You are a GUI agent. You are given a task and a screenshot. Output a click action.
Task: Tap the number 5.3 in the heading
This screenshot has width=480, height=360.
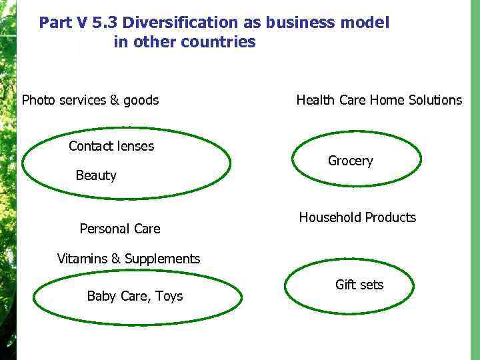pyautogui.click(x=105, y=23)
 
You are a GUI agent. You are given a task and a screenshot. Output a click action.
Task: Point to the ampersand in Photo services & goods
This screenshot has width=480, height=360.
pyautogui.click(x=115, y=101)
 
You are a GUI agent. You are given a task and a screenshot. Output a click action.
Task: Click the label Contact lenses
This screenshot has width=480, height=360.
pyautogui.click(x=111, y=146)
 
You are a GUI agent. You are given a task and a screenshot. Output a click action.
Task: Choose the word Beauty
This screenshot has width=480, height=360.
pyautogui.click(x=96, y=175)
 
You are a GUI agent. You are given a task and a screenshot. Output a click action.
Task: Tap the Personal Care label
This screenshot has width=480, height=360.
pyautogui.click(x=120, y=229)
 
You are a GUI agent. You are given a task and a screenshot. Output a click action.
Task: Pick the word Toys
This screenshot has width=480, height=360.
pyautogui.click(x=169, y=296)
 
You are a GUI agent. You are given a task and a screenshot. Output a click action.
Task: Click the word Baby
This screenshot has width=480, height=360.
pyautogui.click(x=101, y=296)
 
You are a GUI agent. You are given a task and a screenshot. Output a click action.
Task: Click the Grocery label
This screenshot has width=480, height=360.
pyautogui.click(x=351, y=161)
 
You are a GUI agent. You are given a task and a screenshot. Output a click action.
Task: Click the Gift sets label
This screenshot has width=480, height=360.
pyautogui.click(x=359, y=285)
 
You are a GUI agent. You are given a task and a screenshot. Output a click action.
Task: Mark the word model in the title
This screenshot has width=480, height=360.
pyautogui.click(x=365, y=23)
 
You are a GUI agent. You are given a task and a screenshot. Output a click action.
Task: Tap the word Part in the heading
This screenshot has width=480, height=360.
pyautogui.click(x=55, y=23)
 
